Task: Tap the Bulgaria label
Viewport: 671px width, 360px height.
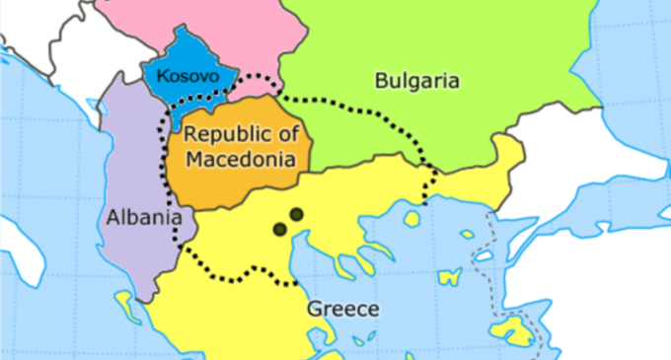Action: [x=416, y=81]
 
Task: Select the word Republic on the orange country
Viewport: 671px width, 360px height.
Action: [x=224, y=135]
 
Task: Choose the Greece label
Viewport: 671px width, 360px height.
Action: [x=342, y=309]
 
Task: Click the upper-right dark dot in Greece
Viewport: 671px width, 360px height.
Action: [x=295, y=213]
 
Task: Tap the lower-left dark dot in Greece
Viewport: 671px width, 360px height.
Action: [x=279, y=229]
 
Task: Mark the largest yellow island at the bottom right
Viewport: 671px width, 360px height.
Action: [x=513, y=330]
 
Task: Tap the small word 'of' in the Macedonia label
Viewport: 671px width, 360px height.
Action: [x=289, y=135]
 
